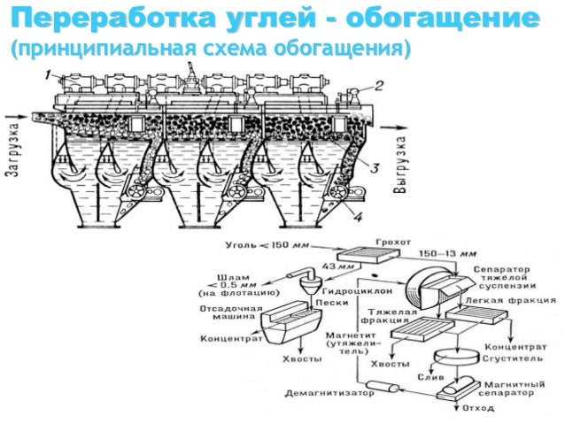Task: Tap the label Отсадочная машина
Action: click(x=232, y=315)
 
